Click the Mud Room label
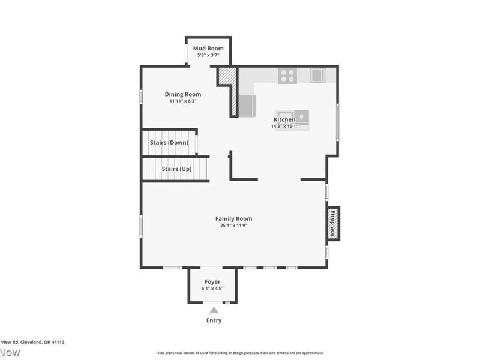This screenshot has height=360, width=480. [208, 48]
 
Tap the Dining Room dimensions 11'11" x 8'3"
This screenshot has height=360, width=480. [183, 101]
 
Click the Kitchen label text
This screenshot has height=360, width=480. [284, 119]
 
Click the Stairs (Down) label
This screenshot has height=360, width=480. [169, 143]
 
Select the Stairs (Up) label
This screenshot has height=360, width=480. [176, 169]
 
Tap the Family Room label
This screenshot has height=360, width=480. [234, 219]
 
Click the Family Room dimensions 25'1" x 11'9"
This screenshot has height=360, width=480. [234, 226]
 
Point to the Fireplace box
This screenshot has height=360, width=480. [333, 223]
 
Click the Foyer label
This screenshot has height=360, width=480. [212, 282]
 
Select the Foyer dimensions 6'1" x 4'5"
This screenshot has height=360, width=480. [212, 289]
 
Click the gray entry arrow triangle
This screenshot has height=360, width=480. [214, 310]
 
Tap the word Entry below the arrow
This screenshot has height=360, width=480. [214, 320]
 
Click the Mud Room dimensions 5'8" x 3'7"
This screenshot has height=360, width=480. [208, 55]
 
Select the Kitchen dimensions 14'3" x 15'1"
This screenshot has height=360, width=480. [284, 127]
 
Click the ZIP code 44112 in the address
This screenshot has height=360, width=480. [58, 342]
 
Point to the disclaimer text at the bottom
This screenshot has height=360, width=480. [240, 353]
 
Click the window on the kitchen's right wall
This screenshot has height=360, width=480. [337, 122]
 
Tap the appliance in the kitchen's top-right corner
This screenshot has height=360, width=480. [317, 76]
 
